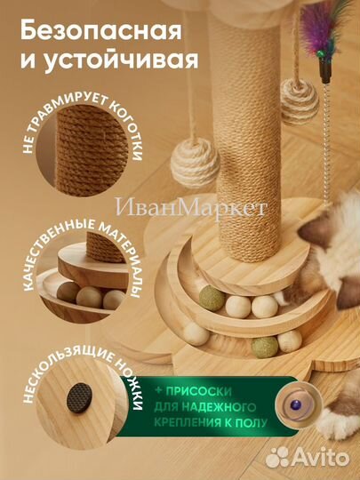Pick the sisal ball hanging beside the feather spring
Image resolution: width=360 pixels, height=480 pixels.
[299, 99]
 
